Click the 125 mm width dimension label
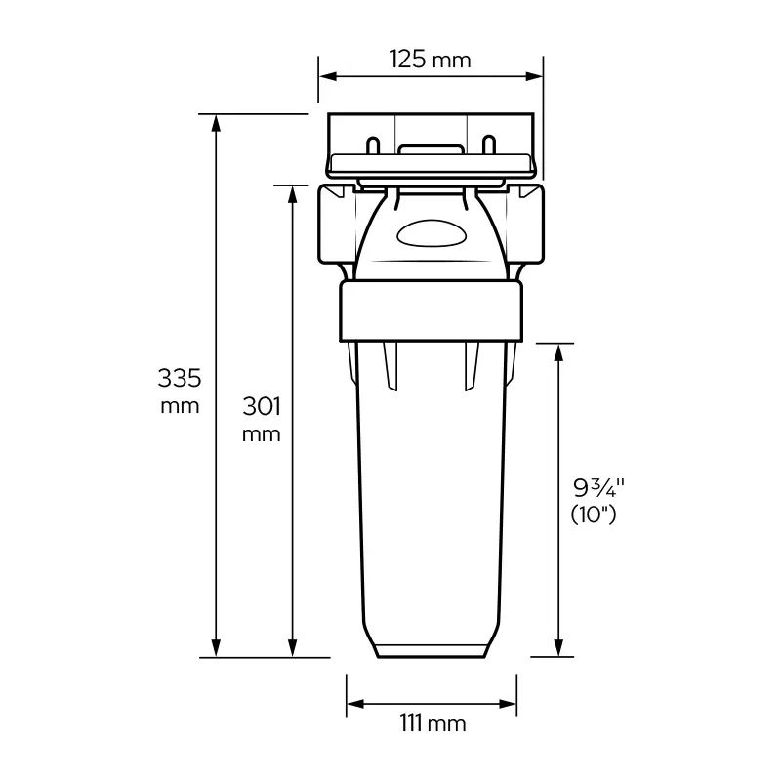click(x=431, y=60)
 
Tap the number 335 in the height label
click(x=180, y=378)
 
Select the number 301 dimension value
click(x=262, y=406)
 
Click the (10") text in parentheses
click(x=594, y=514)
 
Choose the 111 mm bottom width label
click(x=432, y=723)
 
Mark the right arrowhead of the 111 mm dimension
click(x=507, y=704)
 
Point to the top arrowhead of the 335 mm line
click(x=216, y=123)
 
